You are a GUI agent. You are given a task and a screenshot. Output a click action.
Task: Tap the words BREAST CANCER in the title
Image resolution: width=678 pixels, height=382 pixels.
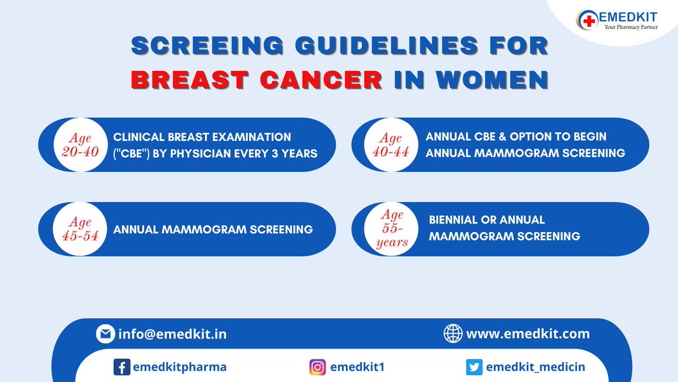[256, 79]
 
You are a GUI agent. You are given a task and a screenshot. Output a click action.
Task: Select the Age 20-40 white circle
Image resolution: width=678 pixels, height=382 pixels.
[81, 145]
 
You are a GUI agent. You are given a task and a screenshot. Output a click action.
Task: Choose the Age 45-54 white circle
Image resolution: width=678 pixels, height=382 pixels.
[81, 229]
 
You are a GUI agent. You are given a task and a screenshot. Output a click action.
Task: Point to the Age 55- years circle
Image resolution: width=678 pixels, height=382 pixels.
[394, 229]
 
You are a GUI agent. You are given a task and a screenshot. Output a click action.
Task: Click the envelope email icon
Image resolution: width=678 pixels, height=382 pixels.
[105, 334]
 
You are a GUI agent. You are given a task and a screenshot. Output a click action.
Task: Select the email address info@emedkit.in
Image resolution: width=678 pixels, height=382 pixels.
[172, 334]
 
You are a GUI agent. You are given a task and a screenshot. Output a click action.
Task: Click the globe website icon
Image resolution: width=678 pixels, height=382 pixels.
[453, 334]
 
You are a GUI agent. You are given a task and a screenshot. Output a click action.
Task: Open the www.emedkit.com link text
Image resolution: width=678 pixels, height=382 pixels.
[528, 334]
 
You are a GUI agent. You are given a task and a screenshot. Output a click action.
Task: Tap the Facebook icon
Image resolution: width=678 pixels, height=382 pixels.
[121, 367]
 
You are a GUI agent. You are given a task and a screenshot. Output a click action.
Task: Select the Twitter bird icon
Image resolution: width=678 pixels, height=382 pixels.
[474, 367]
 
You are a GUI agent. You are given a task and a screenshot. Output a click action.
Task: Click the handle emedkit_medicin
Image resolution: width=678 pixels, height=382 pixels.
[536, 367]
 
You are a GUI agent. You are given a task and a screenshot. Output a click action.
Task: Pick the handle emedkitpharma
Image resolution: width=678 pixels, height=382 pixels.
[180, 367]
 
